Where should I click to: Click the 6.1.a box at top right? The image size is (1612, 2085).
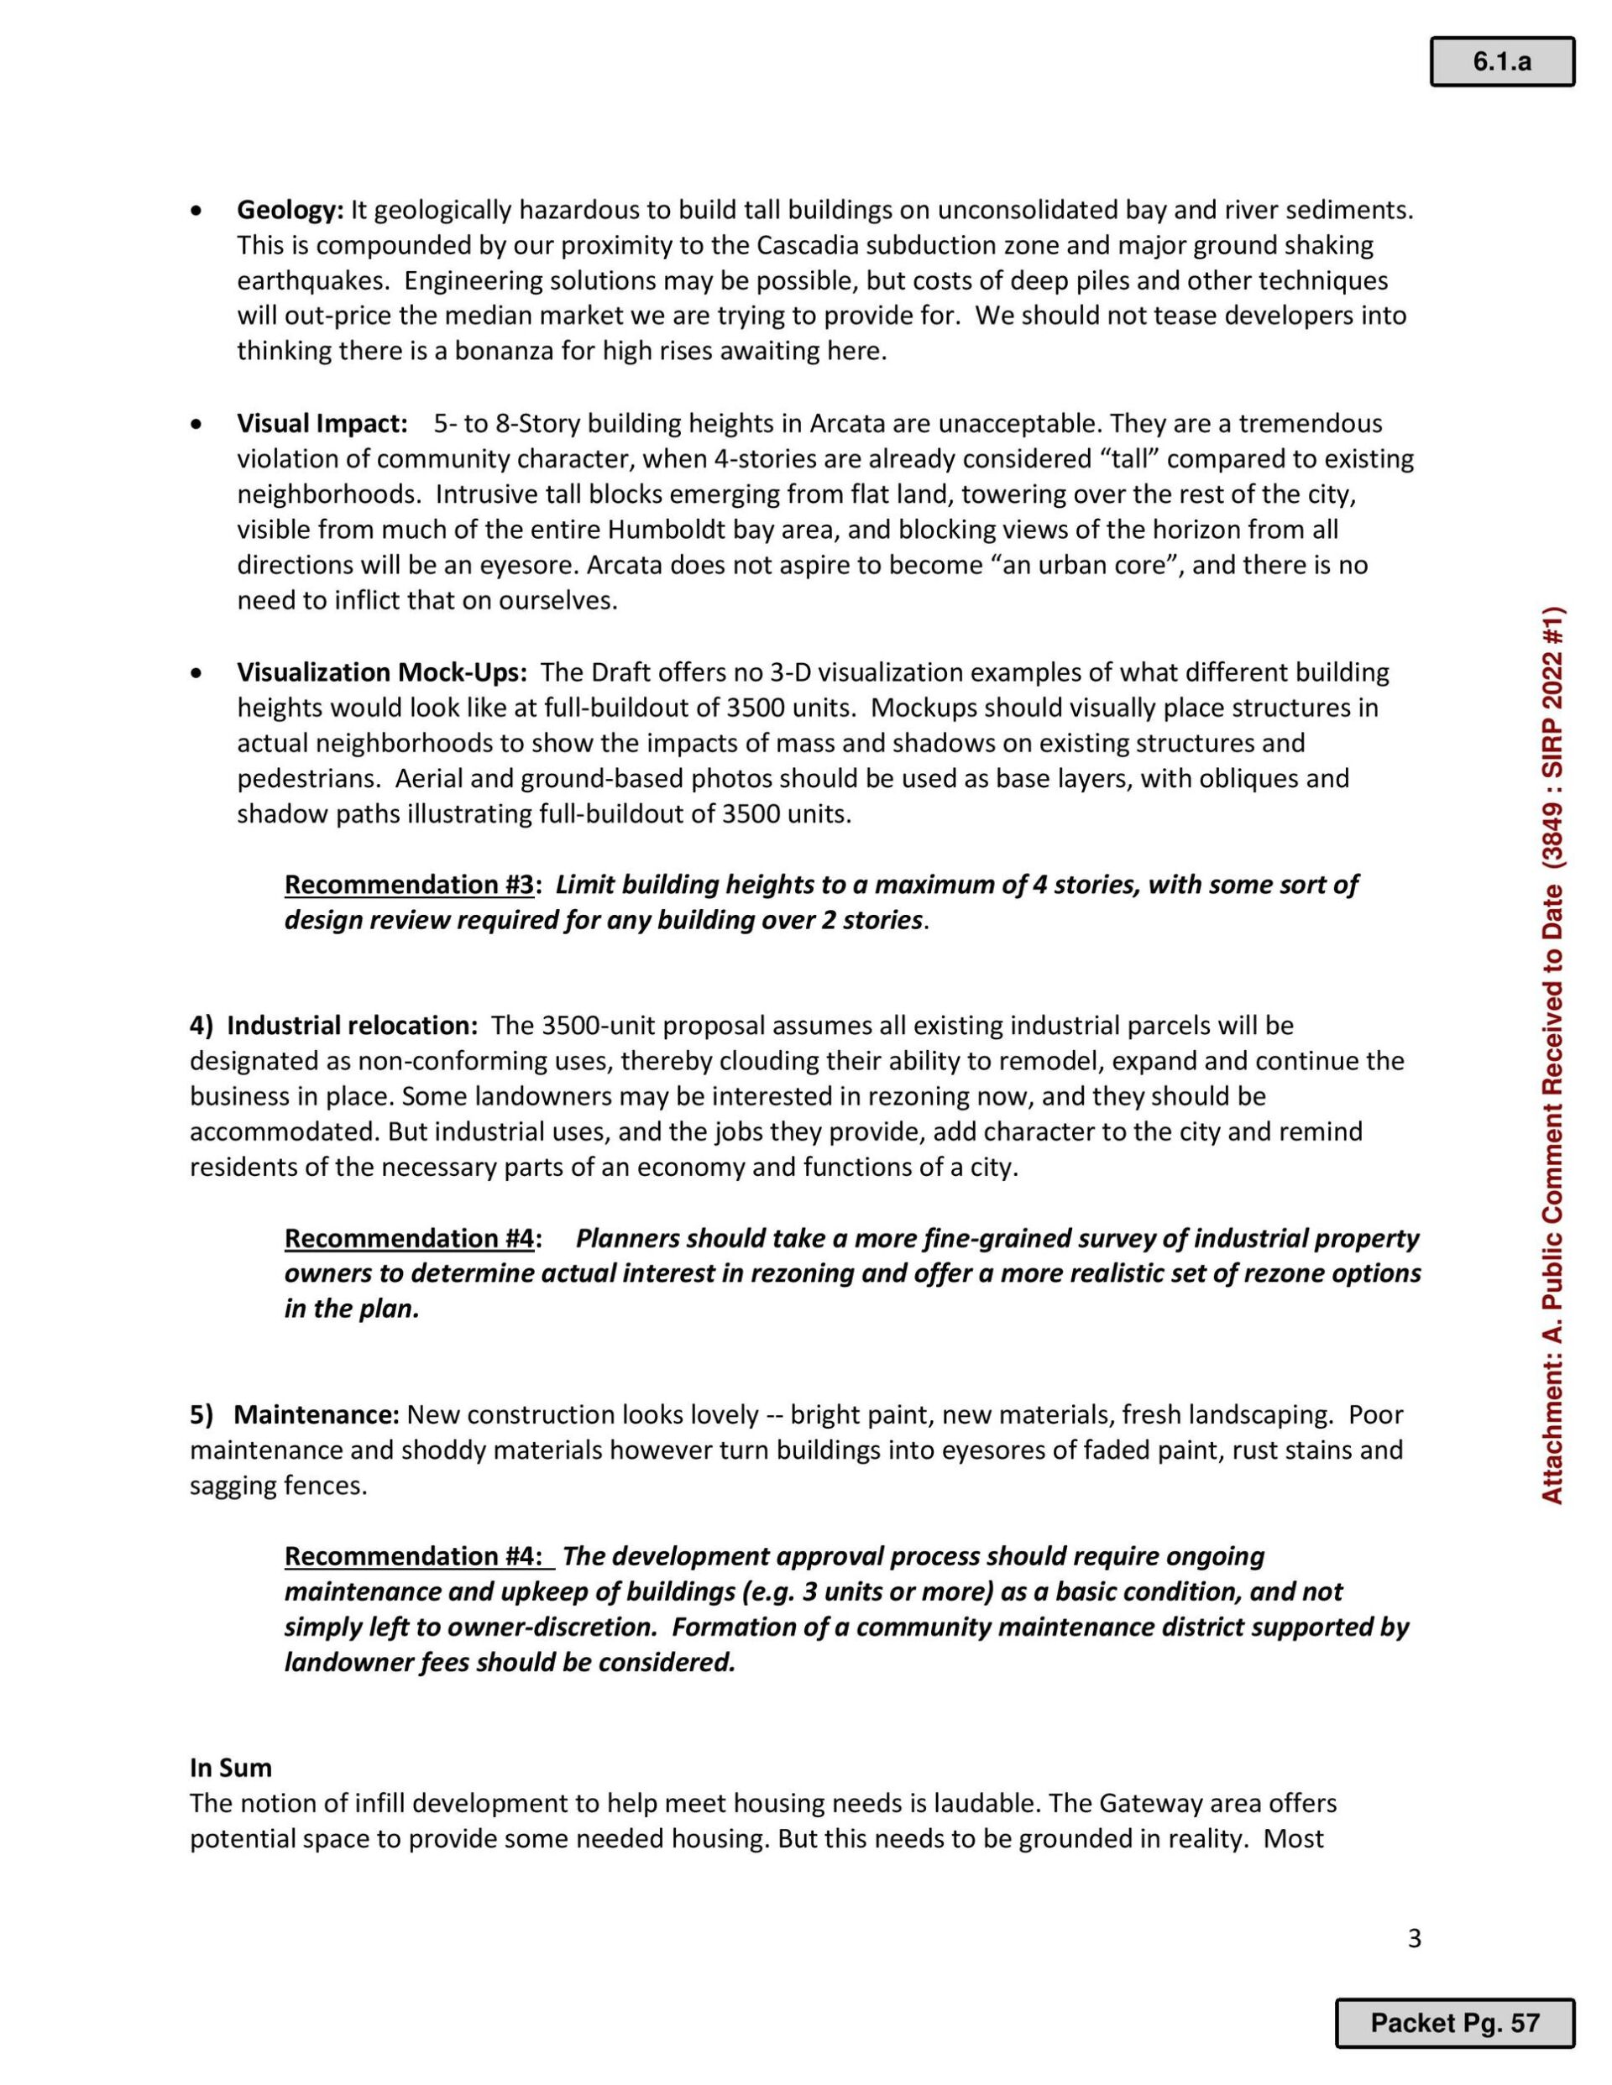point(1501,62)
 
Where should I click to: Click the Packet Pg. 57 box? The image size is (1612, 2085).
point(1453,2023)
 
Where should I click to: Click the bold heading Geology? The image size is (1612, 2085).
point(290,210)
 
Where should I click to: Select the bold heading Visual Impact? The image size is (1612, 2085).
point(322,424)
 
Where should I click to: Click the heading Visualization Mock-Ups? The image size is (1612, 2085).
point(381,673)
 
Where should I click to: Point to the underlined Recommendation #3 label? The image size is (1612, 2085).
point(409,885)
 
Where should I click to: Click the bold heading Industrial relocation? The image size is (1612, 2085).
point(352,1027)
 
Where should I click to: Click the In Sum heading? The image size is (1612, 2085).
point(230,1768)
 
